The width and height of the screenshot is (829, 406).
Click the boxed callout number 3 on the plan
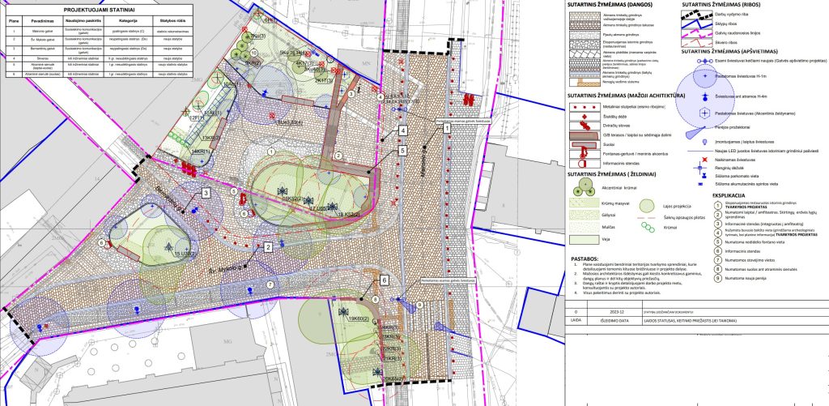pos(206,193)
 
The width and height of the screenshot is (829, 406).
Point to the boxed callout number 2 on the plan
pos(267,246)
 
